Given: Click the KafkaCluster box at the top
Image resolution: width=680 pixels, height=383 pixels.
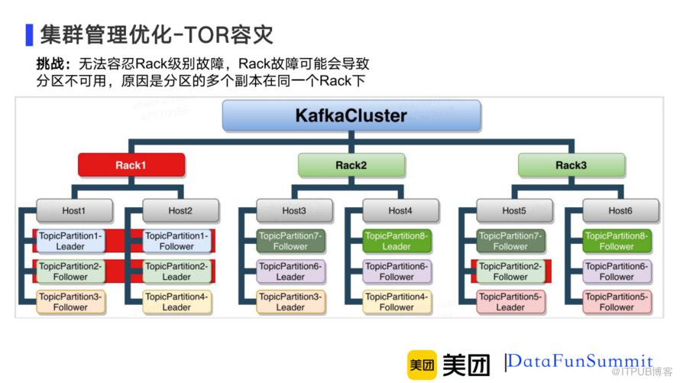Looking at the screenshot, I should [x=351, y=116].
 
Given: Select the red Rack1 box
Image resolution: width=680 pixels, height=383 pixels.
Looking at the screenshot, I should [x=131, y=165].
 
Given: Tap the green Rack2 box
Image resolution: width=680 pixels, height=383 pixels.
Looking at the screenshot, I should [x=351, y=165].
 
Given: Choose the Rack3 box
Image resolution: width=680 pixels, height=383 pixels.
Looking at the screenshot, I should [x=571, y=165].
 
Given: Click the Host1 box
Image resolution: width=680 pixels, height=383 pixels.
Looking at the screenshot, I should [x=74, y=211].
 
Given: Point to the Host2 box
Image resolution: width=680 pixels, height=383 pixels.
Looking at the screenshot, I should [x=180, y=211].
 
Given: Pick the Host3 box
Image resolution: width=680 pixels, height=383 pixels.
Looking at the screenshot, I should [x=294, y=211].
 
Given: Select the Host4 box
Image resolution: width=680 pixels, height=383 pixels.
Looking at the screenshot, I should [x=400, y=211].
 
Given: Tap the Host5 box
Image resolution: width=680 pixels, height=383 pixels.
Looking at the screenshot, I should [x=514, y=211].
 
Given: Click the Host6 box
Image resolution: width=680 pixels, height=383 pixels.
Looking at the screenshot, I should [x=620, y=211].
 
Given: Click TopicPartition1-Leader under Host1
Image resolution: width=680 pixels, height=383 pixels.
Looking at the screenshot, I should [x=70, y=242].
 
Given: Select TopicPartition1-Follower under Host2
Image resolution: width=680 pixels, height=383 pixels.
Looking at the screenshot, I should [x=176, y=242].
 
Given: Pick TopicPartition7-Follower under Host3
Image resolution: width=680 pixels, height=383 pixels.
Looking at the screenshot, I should [x=290, y=242].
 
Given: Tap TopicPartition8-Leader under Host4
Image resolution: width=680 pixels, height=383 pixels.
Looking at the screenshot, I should [x=397, y=242].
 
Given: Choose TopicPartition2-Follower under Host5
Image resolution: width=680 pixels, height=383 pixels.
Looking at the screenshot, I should [x=510, y=271].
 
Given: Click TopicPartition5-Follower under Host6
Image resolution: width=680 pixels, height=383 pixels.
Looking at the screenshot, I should [x=617, y=302].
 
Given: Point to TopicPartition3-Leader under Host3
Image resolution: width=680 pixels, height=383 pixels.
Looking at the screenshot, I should [x=290, y=302].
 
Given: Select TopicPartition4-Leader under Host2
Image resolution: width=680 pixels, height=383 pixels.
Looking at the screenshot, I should [x=176, y=302].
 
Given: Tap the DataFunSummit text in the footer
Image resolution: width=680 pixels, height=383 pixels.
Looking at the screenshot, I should [x=581, y=361].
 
